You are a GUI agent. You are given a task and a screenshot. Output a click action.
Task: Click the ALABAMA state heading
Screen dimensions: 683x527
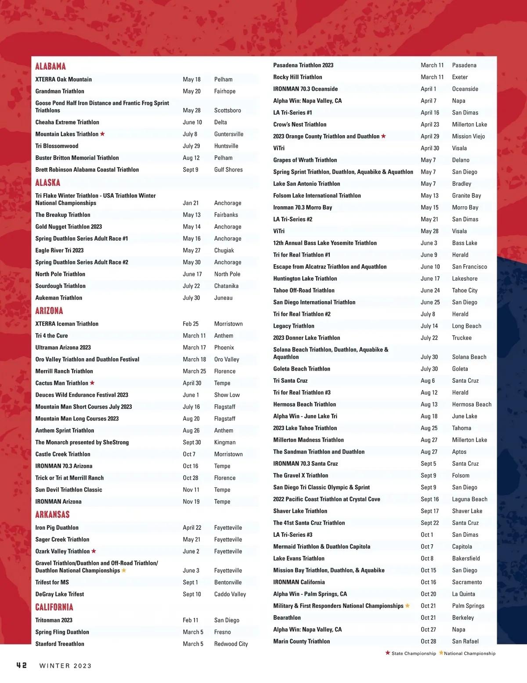tap(51, 66)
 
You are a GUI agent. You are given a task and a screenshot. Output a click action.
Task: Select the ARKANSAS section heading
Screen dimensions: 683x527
tap(52, 514)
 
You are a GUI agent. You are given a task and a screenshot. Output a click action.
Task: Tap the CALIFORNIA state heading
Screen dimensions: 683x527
tap(54, 607)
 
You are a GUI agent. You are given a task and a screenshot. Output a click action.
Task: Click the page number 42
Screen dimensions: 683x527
tap(22, 665)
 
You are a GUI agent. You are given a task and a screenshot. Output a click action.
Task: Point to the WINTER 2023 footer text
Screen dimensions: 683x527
tap(65, 666)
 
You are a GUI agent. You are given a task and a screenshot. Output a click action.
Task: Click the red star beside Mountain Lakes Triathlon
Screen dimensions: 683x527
tap(102, 134)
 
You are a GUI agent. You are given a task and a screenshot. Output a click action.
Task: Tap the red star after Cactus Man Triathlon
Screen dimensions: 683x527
tap(92, 383)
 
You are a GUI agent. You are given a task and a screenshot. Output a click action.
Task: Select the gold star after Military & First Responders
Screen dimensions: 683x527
tap(408, 606)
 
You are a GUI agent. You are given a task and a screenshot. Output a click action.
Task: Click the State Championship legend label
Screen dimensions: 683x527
tap(414, 654)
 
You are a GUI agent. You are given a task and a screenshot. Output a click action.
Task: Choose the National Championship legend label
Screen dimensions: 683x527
tap(469, 654)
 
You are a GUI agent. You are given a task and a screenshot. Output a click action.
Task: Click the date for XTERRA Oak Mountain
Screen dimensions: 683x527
tap(191, 79)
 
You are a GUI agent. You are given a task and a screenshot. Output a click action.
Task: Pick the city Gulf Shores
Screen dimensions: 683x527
tap(228, 169)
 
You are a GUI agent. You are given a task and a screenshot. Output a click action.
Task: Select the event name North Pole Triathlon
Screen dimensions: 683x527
tap(60, 274)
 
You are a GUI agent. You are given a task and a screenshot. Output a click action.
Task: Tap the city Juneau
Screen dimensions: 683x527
tap(224, 298)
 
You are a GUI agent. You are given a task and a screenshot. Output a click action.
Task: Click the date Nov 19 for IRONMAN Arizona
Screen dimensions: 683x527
tap(191, 501)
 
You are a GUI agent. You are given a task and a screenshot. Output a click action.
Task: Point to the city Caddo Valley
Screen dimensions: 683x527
tap(230, 594)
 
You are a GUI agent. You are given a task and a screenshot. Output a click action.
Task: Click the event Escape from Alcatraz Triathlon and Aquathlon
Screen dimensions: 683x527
tap(330, 266)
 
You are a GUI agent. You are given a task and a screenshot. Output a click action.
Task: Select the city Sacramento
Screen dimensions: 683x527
tap(467, 582)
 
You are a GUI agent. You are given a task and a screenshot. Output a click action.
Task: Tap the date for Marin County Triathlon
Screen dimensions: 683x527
tap(428, 641)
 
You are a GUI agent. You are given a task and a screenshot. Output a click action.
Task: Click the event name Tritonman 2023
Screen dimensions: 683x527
tap(54, 620)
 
